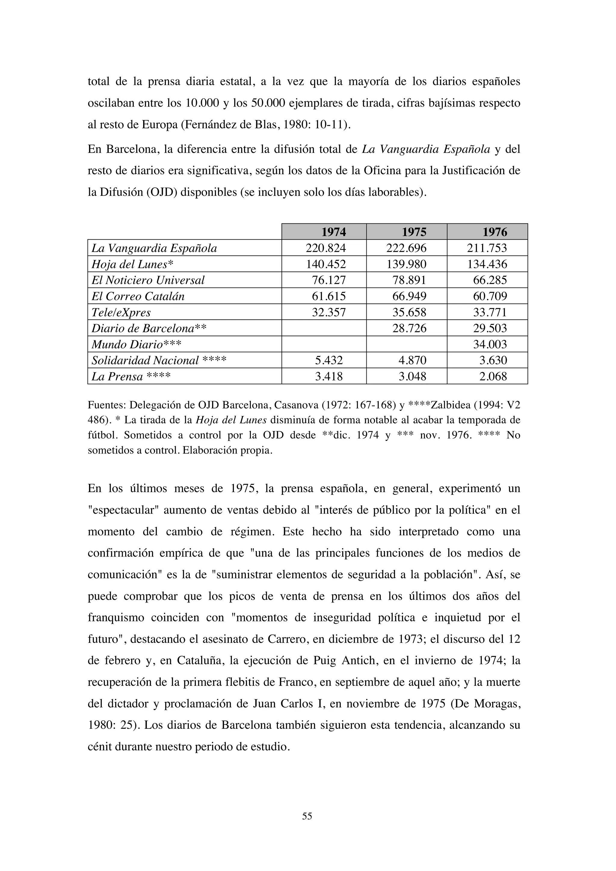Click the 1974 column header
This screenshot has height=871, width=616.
pos(334,232)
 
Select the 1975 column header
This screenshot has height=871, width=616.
pos(414,232)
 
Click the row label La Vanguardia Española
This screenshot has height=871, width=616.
pos(154,248)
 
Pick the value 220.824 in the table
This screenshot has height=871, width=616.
pos(326,248)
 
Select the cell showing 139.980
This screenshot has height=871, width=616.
pos(406,264)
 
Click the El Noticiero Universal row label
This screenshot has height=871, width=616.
pos(148,280)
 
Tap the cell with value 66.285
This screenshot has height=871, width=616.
pos(490,280)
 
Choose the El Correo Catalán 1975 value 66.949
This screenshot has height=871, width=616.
pos(409,296)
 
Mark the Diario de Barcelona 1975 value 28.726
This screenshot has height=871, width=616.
pos(409,328)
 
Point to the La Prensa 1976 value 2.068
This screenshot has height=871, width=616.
pos(493,376)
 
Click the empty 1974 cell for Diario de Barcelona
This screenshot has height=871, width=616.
pos(324,328)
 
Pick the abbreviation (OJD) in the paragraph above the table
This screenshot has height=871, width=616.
pos(162,192)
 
